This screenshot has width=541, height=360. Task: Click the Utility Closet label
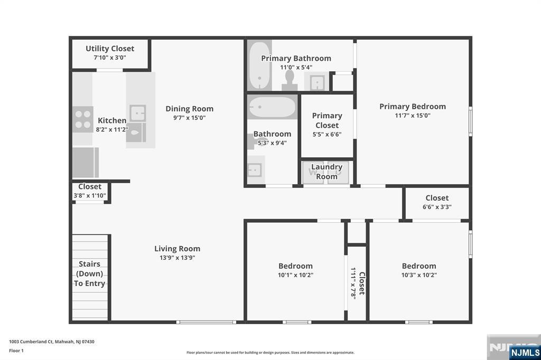110,49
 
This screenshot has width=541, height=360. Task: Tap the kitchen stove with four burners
82,119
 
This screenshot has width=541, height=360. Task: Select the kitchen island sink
138,113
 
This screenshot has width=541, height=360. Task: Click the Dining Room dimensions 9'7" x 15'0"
189,118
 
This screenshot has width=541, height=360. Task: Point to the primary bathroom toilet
289,79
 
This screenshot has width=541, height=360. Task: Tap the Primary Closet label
327,120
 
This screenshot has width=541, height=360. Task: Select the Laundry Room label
327,172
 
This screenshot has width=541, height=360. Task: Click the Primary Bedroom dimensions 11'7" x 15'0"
412,115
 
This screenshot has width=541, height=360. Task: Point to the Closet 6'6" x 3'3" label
437,198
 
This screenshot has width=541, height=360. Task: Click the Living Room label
177,249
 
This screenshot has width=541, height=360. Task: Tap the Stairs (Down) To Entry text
89,273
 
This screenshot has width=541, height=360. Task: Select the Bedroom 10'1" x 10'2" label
295,266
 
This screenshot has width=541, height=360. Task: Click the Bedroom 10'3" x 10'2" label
419,266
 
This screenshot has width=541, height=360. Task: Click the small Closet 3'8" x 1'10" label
90,187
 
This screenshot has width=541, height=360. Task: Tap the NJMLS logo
525,353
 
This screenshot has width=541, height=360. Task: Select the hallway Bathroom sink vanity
256,169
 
